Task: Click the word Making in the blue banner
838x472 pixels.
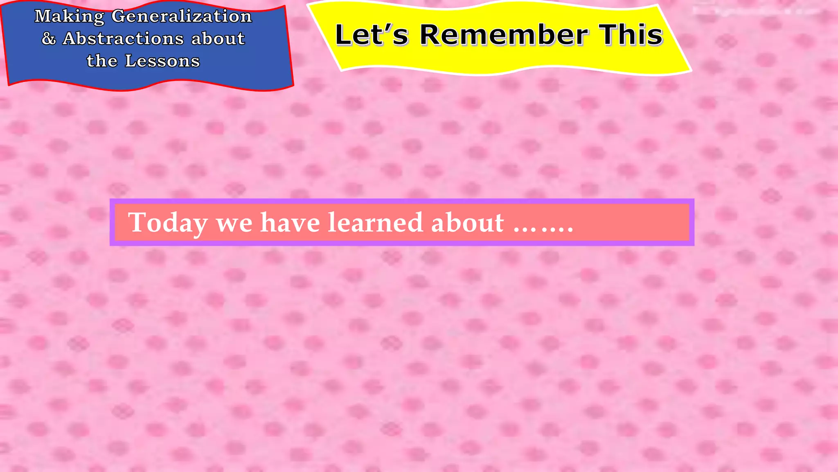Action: (x=69, y=17)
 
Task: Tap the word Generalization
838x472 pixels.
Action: (x=182, y=16)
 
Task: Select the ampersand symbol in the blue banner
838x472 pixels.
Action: (x=49, y=39)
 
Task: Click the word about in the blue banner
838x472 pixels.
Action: (x=218, y=39)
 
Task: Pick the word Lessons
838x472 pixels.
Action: (x=162, y=61)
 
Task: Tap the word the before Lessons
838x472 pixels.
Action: (x=102, y=61)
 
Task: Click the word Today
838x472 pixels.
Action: (x=168, y=223)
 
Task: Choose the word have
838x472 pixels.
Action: (x=290, y=222)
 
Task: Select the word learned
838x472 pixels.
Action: (x=376, y=222)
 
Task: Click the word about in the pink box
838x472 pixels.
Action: (x=467, y=222)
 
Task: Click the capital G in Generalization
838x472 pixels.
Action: (x=118, y=16)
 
